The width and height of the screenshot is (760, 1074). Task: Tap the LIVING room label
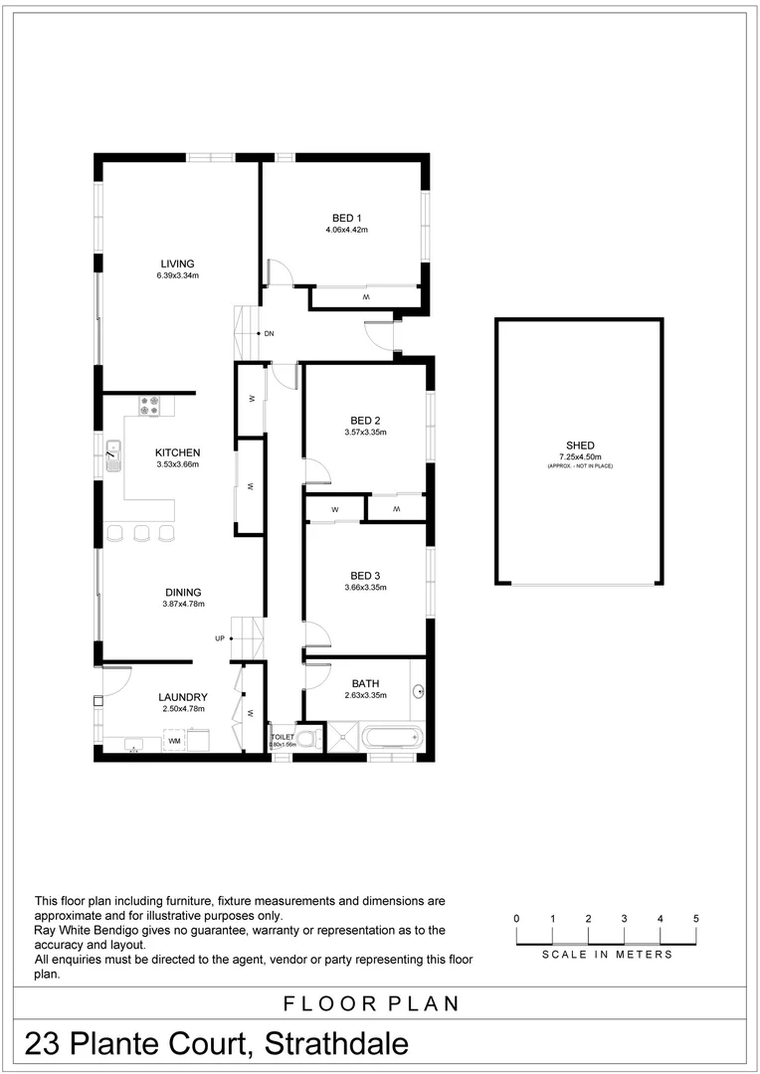click(x=177, y=264)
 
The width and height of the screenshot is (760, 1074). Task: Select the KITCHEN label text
click(x=177, y=452)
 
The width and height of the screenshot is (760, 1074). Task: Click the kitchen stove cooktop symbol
click(x=150, y=405)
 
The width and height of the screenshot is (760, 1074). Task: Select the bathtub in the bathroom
click(x=392, y=738)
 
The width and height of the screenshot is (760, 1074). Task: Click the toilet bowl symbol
click(x=308, y=739)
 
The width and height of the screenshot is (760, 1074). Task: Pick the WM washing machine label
click(x=174, y=741)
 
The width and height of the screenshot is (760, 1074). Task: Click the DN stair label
click(x=269, y=333)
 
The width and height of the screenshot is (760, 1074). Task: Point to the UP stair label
click(x=219, y=638)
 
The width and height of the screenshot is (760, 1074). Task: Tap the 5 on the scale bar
click(x=696, y=918)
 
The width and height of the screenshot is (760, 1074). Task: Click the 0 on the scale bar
click(x=516, y=918)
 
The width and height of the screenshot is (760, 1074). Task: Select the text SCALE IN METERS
click(x=607, y=955)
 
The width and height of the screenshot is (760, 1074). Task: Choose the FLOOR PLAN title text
click(x=372, y=1003)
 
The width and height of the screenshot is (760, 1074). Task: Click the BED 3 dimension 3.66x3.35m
click(x=365, y=588)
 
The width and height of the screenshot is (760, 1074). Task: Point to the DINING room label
click(x=182, y=593)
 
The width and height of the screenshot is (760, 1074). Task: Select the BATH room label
click(x=365, y=683)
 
